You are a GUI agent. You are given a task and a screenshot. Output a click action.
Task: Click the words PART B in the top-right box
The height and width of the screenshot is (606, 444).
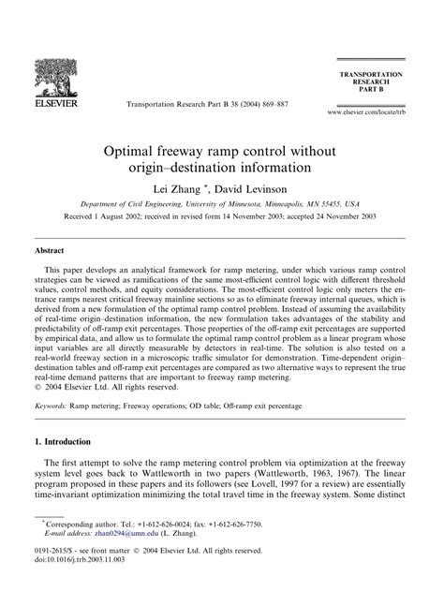(x=383, y=92)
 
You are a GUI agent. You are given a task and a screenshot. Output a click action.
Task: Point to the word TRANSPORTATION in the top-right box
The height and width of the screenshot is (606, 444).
(x=383, y=72)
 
